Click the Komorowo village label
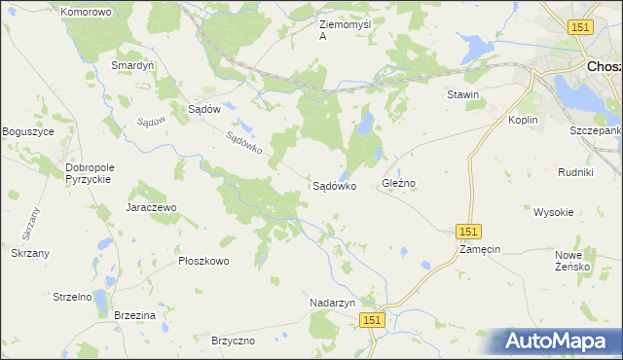86,12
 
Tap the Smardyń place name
133,66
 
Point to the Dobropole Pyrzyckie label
90,173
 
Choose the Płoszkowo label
202,261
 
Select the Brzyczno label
233,341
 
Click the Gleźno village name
399,183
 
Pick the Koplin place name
524,120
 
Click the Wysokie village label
553,211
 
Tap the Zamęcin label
480,249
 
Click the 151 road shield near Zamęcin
469,231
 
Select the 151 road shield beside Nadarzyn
371,319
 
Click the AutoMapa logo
555,341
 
